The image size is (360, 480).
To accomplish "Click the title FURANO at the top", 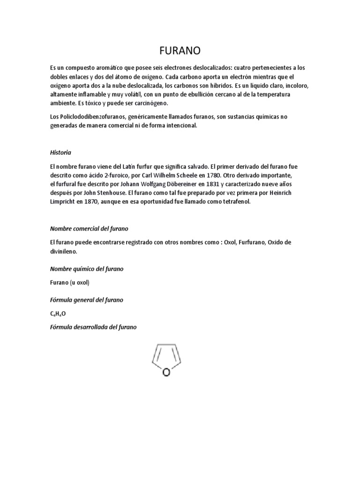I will tap(180, 50).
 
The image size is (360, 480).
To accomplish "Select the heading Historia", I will tap(60, 152).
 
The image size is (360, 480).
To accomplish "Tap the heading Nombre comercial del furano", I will tap(89, 228).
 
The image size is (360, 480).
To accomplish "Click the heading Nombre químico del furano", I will tap(87, 269).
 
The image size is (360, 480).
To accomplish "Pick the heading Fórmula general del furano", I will tap(87, 300).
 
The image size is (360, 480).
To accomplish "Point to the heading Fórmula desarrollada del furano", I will tap(93, 327).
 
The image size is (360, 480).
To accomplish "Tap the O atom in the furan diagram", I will tap(165, 372).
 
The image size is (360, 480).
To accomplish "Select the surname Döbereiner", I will tap(158, 184).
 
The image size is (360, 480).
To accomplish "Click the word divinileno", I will tap(64, 251).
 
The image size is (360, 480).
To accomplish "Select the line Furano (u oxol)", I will tap(69, 283).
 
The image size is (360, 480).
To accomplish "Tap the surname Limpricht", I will tap(65, 202).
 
